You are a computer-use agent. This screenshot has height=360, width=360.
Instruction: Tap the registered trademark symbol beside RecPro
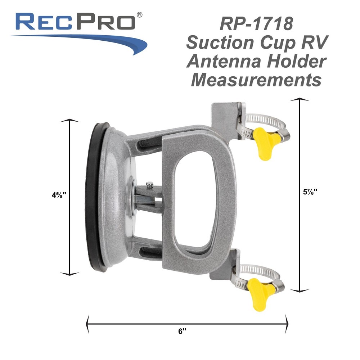click(140, 15)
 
